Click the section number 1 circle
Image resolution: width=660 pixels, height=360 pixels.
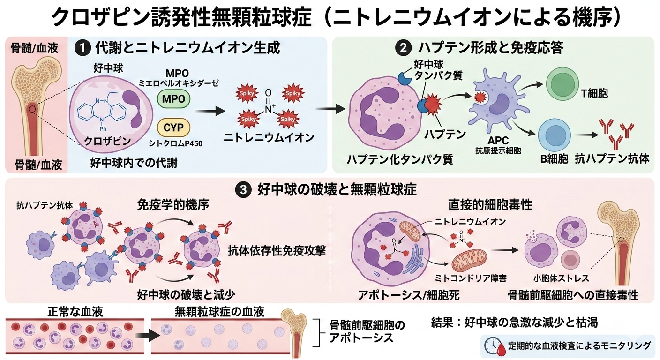83,47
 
